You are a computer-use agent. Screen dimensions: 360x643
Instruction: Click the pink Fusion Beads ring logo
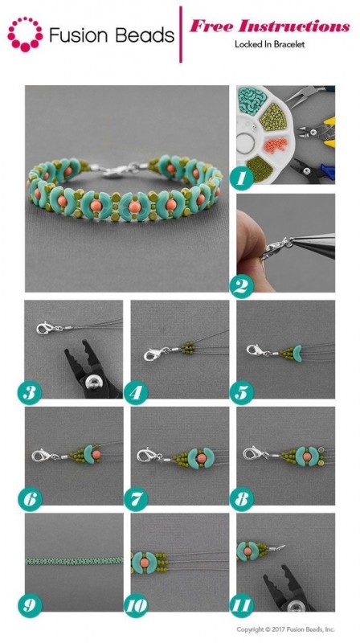click(25, 35)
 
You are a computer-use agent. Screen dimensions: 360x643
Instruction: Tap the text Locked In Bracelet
click(269, 44)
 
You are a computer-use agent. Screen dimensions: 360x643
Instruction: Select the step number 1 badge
click(242, 177)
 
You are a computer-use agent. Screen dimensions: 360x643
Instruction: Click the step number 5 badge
click(242, 392)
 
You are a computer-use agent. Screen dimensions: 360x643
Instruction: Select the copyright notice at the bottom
click(285, 629)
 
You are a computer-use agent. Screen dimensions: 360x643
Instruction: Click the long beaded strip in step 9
click(74, 560)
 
